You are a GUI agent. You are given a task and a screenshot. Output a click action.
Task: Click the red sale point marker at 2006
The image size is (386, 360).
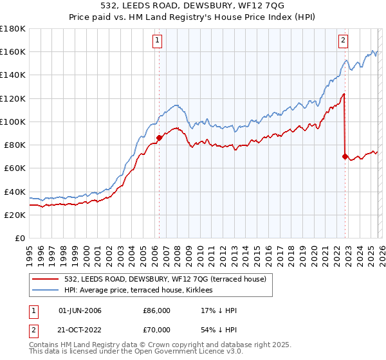point(159,137)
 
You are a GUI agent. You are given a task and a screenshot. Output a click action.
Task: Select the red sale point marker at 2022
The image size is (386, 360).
point(345,156)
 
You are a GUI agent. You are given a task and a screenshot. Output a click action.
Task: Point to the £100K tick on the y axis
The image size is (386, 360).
point(13,122)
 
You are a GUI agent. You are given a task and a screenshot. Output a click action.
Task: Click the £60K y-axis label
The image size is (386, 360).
point(14,168)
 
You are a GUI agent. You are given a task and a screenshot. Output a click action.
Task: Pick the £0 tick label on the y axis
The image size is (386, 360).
point(21,238)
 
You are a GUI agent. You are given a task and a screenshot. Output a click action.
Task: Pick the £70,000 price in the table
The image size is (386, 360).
point(156,328)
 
